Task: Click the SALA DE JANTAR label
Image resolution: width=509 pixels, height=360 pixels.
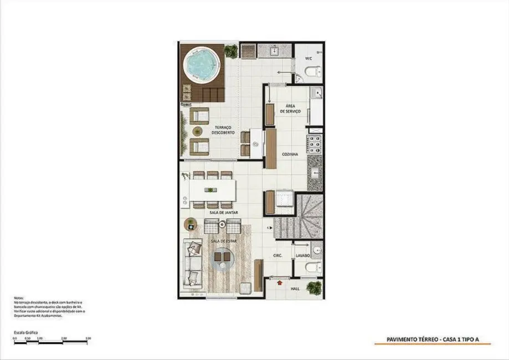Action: pos(220,213)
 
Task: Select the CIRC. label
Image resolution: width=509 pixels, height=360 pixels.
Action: pos(279,256)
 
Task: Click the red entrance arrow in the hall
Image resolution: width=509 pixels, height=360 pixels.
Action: pos(279,284)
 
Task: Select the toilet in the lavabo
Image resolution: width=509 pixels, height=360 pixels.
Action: pos(313,268)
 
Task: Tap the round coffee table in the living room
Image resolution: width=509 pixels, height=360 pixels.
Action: pos(224,258)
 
